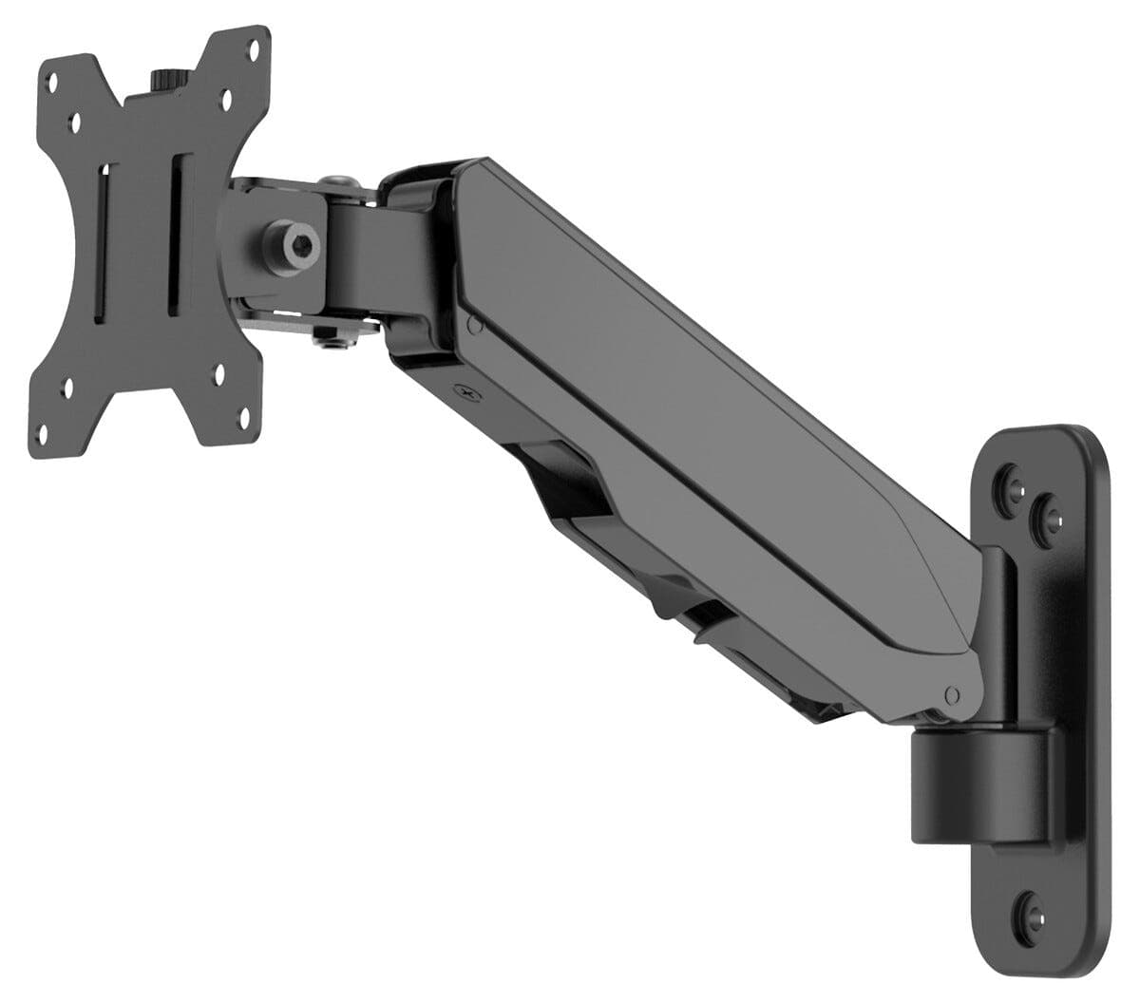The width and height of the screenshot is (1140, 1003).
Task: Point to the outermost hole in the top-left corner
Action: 56,81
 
